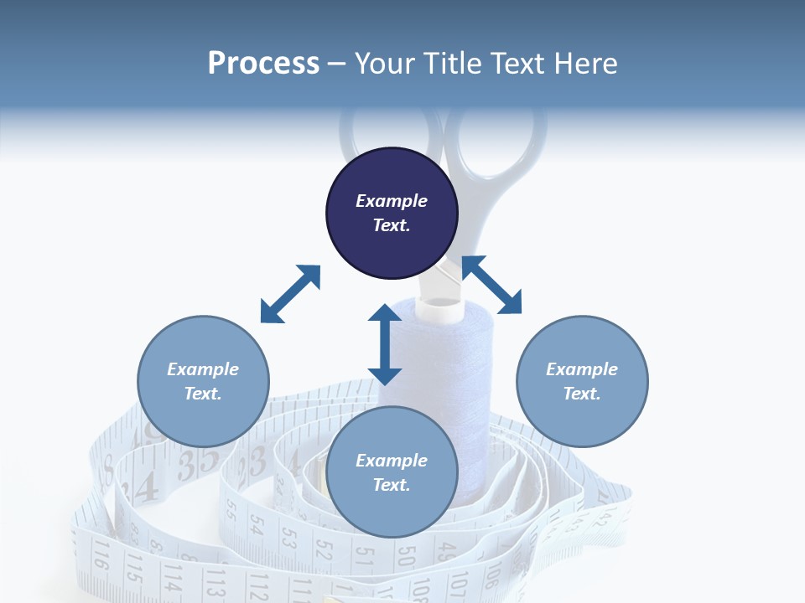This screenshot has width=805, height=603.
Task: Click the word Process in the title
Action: click(263, 64)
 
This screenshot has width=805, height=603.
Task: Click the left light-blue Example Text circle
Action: click(203, 381)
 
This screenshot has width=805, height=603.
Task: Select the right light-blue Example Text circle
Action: click(582, 381)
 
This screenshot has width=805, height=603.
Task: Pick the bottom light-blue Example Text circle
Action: click(392, 472)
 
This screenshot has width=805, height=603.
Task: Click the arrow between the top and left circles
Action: click(290, 294)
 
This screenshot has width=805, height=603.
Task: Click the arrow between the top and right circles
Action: click(492, 285)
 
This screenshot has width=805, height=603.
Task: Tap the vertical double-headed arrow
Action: click(385, 344)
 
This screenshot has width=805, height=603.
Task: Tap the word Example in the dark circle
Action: click(392, 201)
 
